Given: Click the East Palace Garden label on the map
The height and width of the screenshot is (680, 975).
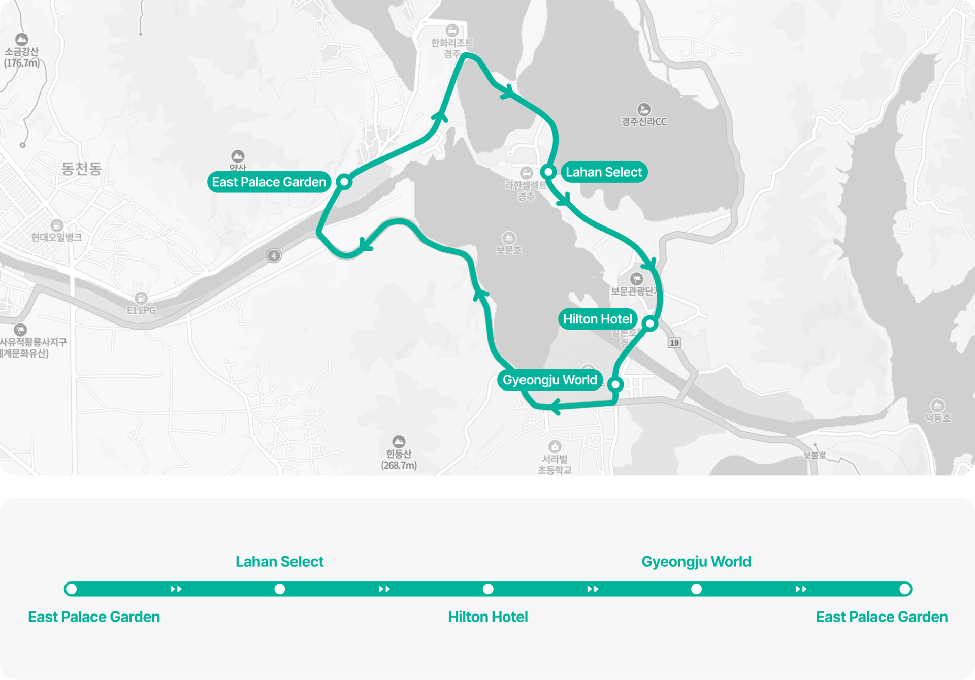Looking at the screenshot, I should click(269, 182).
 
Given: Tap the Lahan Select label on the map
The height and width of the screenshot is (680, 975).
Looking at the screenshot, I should click(603, 172).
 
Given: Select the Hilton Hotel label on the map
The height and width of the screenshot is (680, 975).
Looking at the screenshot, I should click(597, 319).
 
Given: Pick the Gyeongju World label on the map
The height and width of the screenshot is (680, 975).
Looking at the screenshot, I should click(549, 380).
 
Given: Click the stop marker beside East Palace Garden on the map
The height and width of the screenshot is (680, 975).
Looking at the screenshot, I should click(344, 181).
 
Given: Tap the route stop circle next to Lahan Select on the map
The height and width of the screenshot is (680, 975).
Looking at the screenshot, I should click(548, 172).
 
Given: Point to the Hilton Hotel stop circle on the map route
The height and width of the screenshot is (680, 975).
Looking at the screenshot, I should click(650, 323).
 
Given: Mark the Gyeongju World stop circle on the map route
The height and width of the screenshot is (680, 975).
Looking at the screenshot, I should click(615, 384).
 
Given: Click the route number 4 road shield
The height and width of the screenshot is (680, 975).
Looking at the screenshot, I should click(274, 255).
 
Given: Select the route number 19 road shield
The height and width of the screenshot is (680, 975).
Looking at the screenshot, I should click(674, 343).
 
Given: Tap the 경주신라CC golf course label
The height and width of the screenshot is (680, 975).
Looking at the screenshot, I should click(644, 121).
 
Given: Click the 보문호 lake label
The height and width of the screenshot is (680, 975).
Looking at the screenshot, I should click(509, 250).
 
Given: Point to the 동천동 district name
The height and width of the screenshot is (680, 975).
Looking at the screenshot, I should click(81, 168).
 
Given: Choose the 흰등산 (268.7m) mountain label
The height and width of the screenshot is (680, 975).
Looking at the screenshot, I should click(399, 459).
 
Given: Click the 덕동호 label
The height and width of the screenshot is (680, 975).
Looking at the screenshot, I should click(937, 417).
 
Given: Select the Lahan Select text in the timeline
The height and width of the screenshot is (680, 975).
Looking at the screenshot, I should click(279, 561).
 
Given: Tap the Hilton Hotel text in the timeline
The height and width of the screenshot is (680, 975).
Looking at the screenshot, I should click(487, 617).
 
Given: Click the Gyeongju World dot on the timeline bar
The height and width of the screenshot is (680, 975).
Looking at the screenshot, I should click(696, 589).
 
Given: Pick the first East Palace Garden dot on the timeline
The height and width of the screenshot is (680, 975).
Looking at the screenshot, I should click(72, 589).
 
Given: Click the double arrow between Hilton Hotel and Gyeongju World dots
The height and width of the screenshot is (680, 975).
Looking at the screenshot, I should click(593, 589).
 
